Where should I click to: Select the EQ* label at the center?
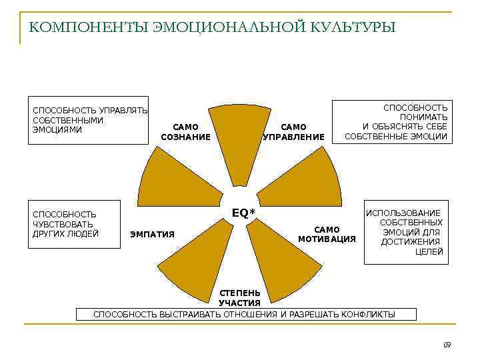click(x=243, y=213)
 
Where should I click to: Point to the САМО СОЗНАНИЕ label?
click(x=185, y=132)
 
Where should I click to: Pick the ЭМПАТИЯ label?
click(x=153, y=234)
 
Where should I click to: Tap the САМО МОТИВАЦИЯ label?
click(x=327, y=234)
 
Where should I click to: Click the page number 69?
click(x=447, y=344)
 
